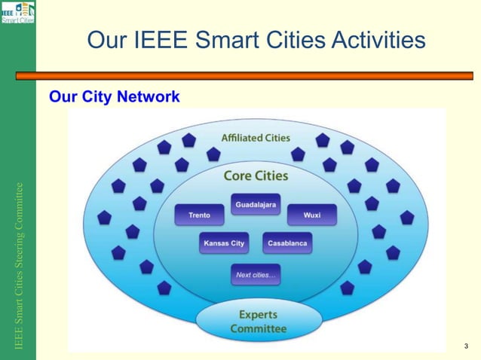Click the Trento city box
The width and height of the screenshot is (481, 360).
click(x=200, y=215)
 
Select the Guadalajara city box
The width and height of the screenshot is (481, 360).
click(x=256, y=204)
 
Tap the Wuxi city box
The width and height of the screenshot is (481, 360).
click(x=311, y=215)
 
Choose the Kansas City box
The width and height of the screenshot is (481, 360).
click(x=224, y=243)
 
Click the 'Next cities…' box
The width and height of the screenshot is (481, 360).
click(x=256, y=275)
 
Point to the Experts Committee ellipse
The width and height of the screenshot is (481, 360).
click(x=258, y=322)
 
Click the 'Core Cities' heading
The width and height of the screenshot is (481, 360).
click(x=256, y=175)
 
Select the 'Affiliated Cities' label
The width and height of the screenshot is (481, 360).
click(x=256, y=138)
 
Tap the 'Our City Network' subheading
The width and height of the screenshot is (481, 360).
click(x=114, y=96)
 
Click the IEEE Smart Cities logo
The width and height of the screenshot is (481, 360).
click(x=17, y=13)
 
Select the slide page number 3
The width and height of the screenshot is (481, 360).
click(x=466, y=346)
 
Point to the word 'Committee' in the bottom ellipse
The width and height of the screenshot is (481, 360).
click(x=258, y=329)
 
